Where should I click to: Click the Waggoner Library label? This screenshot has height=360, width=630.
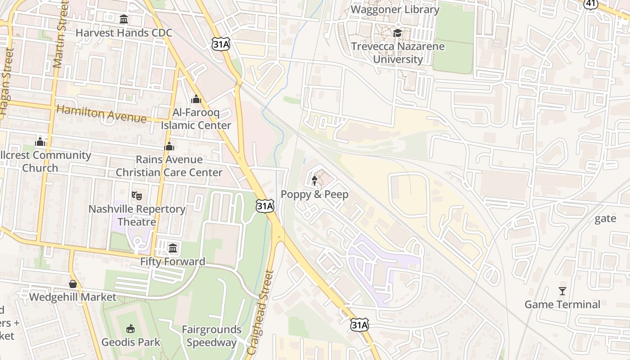[395, 9]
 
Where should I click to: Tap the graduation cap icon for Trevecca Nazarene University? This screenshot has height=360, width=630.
[397, 33]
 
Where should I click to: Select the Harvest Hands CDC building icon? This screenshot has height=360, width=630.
[124, 19]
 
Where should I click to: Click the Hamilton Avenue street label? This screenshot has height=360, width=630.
[101, 113]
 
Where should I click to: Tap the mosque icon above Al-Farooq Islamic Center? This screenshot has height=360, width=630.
[196, 99]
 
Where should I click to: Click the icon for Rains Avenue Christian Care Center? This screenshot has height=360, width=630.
[169, 146]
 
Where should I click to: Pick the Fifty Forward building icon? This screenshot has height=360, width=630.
[173, 248]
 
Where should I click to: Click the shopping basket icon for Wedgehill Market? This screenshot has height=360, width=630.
[73, 284]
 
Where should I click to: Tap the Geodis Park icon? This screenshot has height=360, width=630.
[130, 328]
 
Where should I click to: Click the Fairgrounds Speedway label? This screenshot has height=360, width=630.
[211, 336]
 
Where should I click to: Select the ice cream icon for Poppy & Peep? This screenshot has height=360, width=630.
[315, 181]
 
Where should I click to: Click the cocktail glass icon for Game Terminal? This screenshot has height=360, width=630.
[562, 291]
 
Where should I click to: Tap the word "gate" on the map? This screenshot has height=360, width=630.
[605, 219]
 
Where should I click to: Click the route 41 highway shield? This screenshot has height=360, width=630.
[590, 4]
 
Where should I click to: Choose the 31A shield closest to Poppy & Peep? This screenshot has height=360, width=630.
[265, 207]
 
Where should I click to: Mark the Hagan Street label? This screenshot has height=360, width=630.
[6, 81]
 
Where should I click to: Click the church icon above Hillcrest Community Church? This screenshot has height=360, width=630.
[40, 142]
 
